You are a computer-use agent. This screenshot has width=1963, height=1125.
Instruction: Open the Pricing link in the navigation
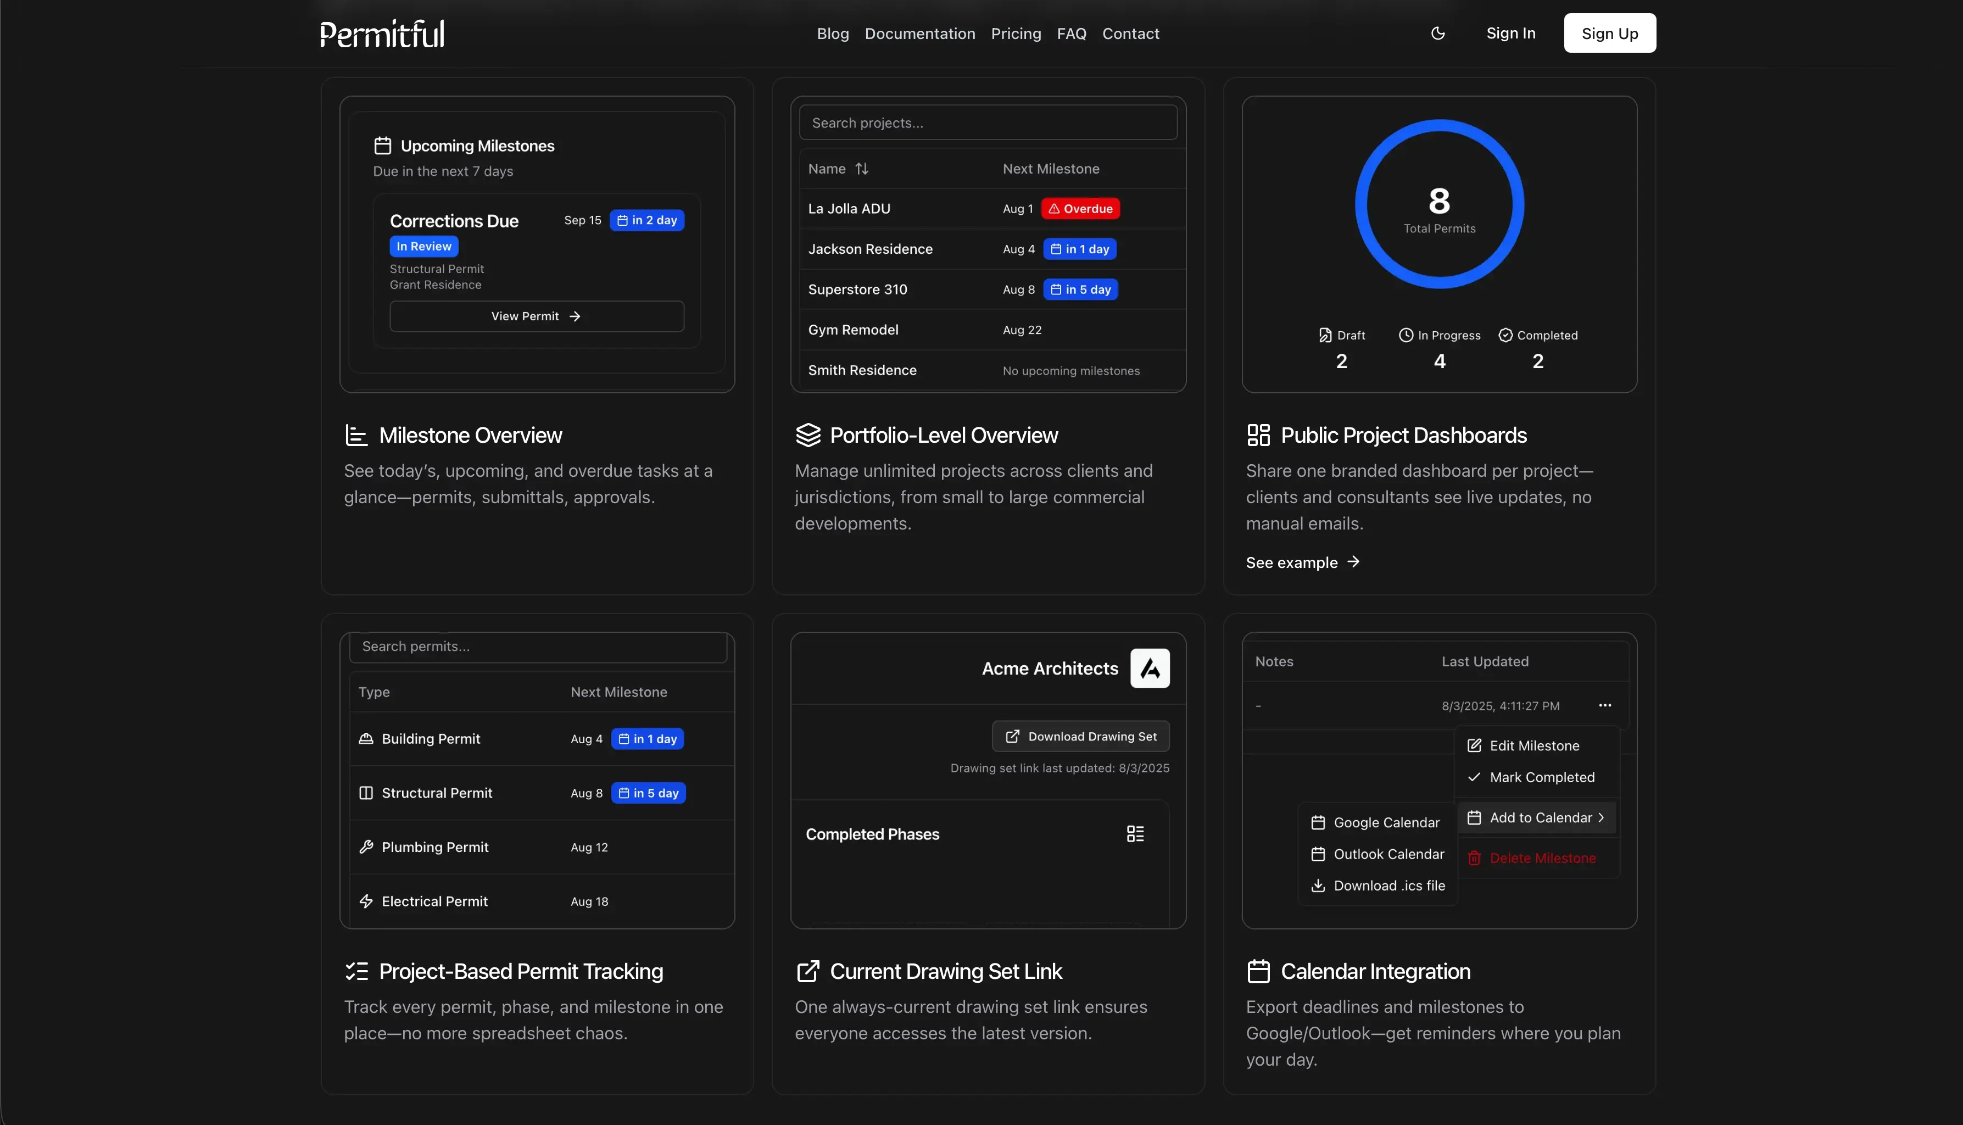(1016, 33)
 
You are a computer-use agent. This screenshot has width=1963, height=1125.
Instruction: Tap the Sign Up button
(1609, 33)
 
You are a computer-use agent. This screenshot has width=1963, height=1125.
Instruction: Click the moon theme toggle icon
(1438, 33)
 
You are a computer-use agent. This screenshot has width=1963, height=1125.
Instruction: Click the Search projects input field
(988, 123)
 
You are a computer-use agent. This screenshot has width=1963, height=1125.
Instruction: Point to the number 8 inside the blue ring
(1439, 201)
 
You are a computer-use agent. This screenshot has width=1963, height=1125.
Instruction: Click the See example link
(1302, 562)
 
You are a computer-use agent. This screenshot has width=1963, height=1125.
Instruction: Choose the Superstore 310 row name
(857, 289)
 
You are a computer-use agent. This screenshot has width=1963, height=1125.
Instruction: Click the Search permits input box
(538, 647)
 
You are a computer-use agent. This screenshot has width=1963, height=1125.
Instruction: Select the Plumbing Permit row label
(435, 848)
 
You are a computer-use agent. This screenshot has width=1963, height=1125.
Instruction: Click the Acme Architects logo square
(1150, 669)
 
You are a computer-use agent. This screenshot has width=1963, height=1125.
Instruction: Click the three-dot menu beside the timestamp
(1604, 705)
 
